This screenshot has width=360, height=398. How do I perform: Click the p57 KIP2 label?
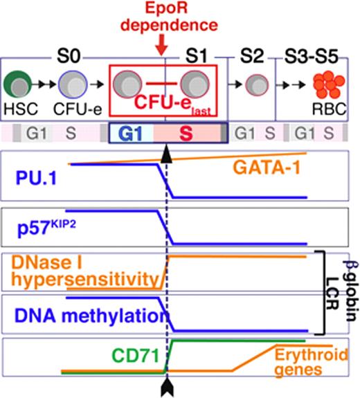click(x=37, y=226)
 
